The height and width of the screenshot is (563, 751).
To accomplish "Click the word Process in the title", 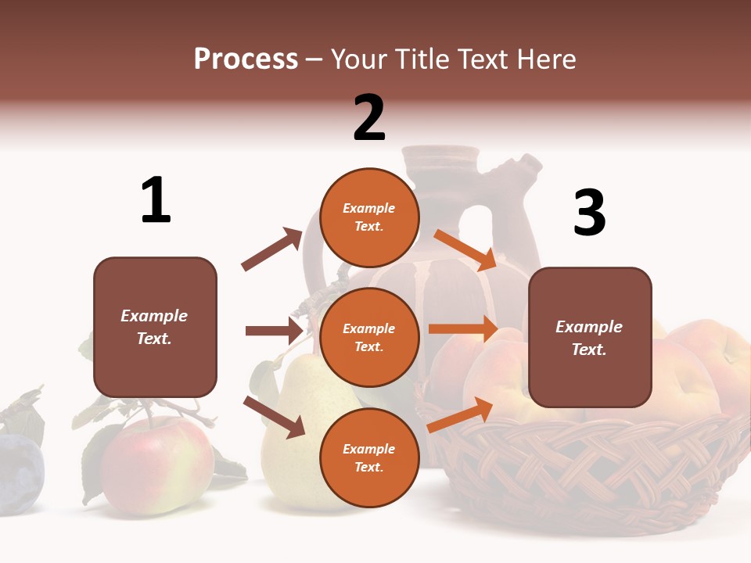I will tap(246, 59).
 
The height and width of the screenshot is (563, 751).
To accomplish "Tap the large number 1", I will tap(156, 201).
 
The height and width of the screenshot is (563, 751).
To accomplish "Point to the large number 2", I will tap(369, 118).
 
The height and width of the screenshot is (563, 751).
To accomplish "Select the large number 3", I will tap(589, 213).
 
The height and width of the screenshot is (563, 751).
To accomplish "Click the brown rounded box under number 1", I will tap(155, 327).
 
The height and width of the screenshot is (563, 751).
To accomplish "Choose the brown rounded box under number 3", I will tap(590, 337).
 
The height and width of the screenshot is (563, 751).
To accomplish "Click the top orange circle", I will tap(369, 217).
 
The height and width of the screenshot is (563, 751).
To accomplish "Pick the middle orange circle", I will tap(369, 337).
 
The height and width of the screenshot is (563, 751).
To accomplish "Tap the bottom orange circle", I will tap(369, 457).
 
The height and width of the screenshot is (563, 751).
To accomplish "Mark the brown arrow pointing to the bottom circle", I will tap(275, 416).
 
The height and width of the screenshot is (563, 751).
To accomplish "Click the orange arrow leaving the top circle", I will tap(465, 249).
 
